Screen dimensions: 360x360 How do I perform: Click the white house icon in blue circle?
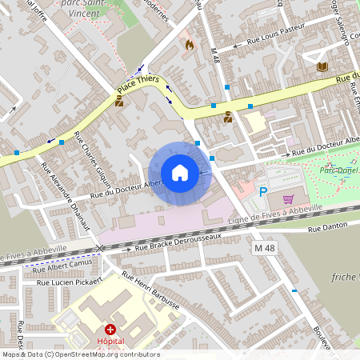pyautogui.click(x=180, y=173)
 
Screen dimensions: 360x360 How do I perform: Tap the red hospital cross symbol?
pyautogui.click(x=111, y=330)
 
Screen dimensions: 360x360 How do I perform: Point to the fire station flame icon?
pyautogui.click(x=189, y=45)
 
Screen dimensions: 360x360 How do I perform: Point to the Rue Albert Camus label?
pyautogui.click(x=64, y=265)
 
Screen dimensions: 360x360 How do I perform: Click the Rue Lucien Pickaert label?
pyautogui.click(x=68, y=282)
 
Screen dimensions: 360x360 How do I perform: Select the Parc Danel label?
pyautogui.click(x=338, y=170)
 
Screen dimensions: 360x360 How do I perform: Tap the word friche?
pyautogui.click(x=344, y=277)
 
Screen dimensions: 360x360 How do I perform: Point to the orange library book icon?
pyautogui.click(x=322, y=67)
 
